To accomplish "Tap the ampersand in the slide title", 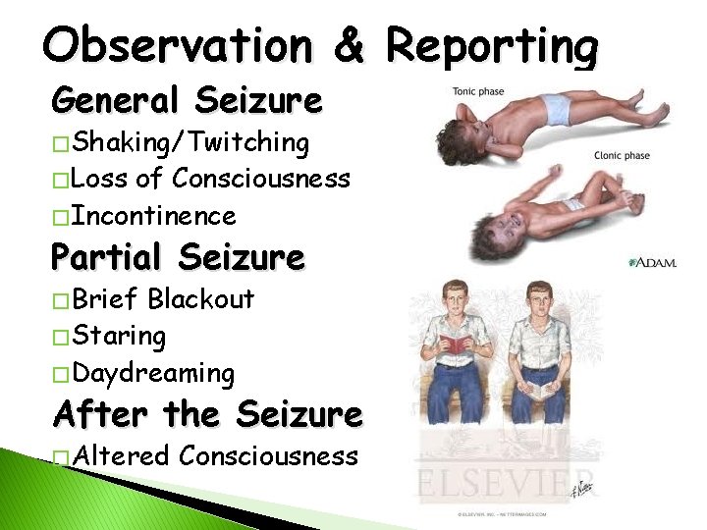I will point(349,46).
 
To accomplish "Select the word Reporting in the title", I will point(491,46).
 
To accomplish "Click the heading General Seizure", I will point(187,99).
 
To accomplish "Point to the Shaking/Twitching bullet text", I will point(191,142).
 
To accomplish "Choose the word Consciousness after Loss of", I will point(260,179).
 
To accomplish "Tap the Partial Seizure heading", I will point(178,257).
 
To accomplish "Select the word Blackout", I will point(200,298).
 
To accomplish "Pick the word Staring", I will point(119,336).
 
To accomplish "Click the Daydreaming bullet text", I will point(153,373).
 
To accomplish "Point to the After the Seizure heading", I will point(207,413).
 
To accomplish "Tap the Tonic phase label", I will point(478,92).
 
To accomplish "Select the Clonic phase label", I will point(622,155).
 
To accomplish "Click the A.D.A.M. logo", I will point(652,263).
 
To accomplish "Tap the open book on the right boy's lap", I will point(540,391).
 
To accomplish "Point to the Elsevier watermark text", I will point(511,482).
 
